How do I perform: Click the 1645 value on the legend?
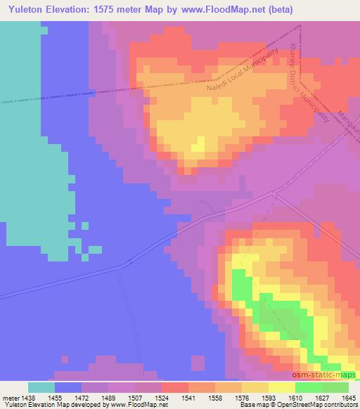click(348, 397)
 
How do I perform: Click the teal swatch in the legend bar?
click(41, 387)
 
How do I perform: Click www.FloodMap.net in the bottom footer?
click(139, 405)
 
